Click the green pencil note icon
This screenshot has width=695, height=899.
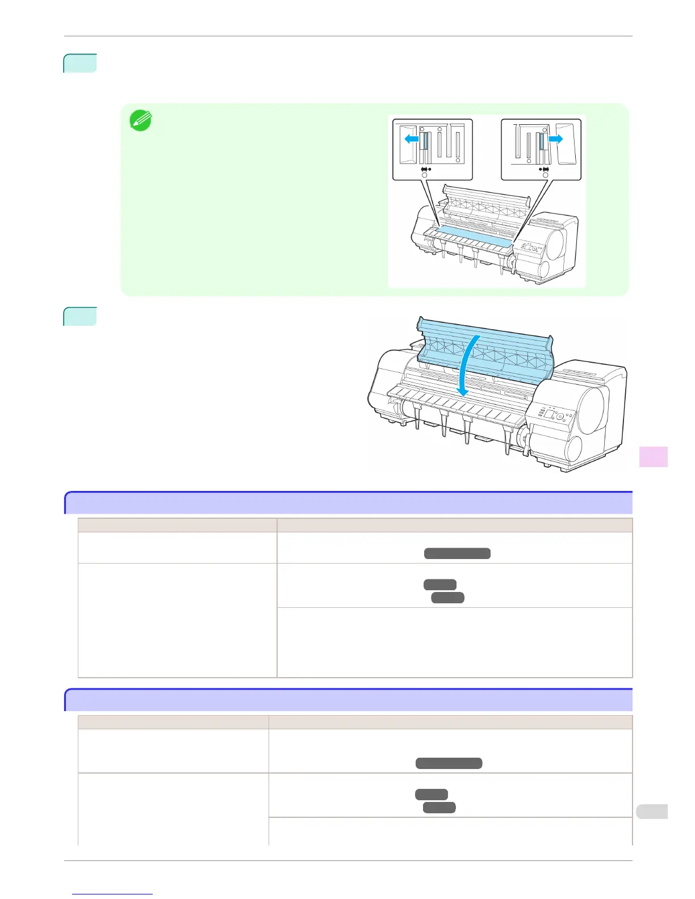pyautogui.click(x=140, y=121)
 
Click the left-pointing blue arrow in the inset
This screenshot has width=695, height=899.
pyautogui.click(x=411, y=138)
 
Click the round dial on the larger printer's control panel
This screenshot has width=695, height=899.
pyautogui.click(x=560, y=417)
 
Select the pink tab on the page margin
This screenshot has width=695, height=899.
pyautogui.click(x=654, y=457)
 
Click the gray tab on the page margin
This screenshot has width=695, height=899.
pyautogui.click(x=651, y=812)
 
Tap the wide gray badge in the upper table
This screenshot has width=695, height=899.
pyautogui.click(x=457, y=553)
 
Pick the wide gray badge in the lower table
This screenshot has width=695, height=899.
pyautogui.click(x=449, y=763)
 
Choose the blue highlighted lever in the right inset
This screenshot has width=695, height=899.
pyautogui.click(x=542, y=141)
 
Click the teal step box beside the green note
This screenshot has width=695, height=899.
pyautogui.click(x=80, y=63)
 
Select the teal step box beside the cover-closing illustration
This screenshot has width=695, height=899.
pyautogui.click(x=80, y=316)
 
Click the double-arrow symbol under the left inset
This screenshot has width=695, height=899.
pyautogui.click(x=424, y=169)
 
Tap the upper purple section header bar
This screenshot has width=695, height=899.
pyautogui.click(x=349, y=503)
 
